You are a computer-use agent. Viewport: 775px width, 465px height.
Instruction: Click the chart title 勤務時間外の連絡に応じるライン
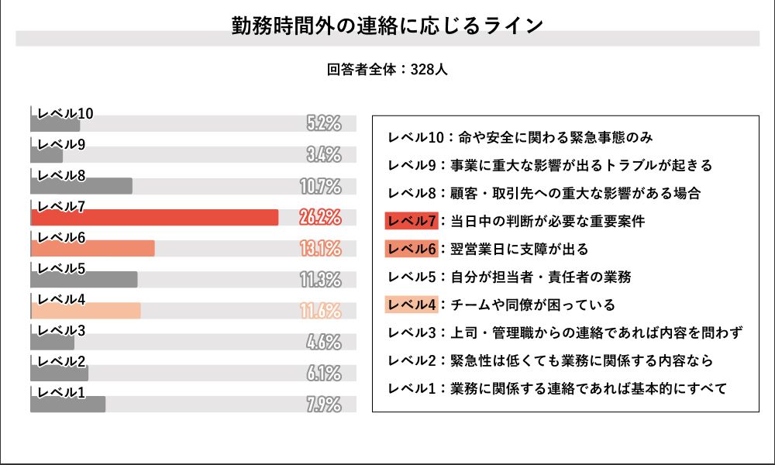click(x=387, y=25)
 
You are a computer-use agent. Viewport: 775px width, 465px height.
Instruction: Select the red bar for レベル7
click(x=154, y=218)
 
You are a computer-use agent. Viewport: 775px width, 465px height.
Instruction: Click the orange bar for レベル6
click(x=93, y=249)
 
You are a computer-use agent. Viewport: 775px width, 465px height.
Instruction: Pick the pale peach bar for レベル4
click(x=85, y=311)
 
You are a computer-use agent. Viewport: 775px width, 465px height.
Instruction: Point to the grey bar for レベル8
click(x=81, y=187)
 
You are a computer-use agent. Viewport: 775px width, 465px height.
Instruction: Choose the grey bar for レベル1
click(x=68, y=405)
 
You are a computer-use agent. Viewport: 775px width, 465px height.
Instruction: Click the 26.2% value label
click(x=320, y=218)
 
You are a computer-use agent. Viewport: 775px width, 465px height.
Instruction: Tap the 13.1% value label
click(x=320, y=249)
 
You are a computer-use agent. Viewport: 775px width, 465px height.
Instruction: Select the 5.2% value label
click(x=324, y=123)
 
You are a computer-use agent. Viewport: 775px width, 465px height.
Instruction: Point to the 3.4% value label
click(x=324, y=154)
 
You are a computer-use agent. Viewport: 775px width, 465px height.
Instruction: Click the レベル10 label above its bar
click(x=65, y=114)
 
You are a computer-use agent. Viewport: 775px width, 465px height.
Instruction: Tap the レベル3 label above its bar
click(x=61, y=331)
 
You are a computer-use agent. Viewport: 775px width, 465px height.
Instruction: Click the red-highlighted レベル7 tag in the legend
click(x=411, y=221)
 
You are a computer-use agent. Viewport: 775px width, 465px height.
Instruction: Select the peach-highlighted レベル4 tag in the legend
click(x=411, y=305)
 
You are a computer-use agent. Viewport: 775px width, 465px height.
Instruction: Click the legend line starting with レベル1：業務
click(x=556, y=388)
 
